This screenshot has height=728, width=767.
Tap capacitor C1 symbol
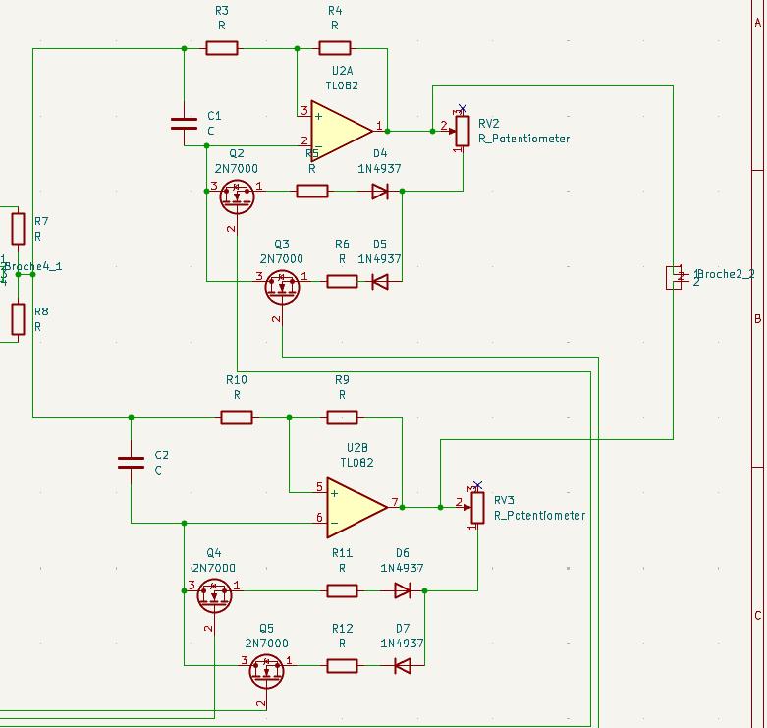pyautogui.click(x=184, y=123)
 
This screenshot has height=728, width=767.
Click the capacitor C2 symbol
pyautogui.click(x=131, y=462)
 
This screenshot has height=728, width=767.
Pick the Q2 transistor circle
pyautogui.click(x=237, y=196)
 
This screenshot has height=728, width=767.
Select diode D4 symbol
pyautogui.click(x=380, y=191)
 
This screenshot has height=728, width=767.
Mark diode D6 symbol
pyautogui.click(x=402, y=590)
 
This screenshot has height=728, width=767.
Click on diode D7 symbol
pyautogui.click(x=402, y=666)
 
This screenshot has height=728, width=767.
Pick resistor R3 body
pyautogui.click(x=221, y=48)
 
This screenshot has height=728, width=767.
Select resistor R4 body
pyautogui.click(x=334, y=48)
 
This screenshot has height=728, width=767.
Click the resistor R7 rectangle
pyautogui.click(x=18, y=229)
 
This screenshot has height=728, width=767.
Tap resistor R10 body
pyautogui.click(x=236, y=418)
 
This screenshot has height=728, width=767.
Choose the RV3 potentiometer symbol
pyautogui.click(x=477, y=507)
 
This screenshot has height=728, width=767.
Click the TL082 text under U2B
pyautogui.click(x=356, y=463)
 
